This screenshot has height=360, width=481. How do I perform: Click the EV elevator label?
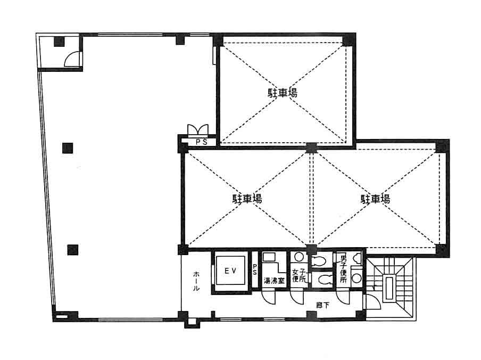click(x=230, y=271)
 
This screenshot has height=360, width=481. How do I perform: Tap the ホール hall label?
click(x=196, y=281)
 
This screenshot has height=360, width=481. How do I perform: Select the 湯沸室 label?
click(x=274, y=281)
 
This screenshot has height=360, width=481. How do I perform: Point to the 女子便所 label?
click(x=299, y=275)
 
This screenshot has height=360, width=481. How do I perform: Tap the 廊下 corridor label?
click(x=323, y=305)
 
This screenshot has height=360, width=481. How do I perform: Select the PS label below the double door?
click(x=202, y=142)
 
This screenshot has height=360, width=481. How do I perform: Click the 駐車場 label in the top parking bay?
click(x=283, y=93)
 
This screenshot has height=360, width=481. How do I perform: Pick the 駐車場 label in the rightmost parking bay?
click(x=375, y=199)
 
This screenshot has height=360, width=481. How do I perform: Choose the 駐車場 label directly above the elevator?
click(x=247, y=199)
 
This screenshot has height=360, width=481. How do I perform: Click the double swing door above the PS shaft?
click(x=198, y=130)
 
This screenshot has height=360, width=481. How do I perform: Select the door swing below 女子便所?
click(x=297, y=297)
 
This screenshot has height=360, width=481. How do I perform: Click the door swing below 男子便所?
click(x=343, y=297)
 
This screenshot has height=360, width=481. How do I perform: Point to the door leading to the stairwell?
click(x=372, y=301)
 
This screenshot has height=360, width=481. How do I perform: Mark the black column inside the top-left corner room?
click(x=59, y=42)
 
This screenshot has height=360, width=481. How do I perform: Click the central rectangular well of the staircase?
click(x=389, y=288)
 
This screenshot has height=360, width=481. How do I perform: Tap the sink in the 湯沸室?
click(x=269, y=257)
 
